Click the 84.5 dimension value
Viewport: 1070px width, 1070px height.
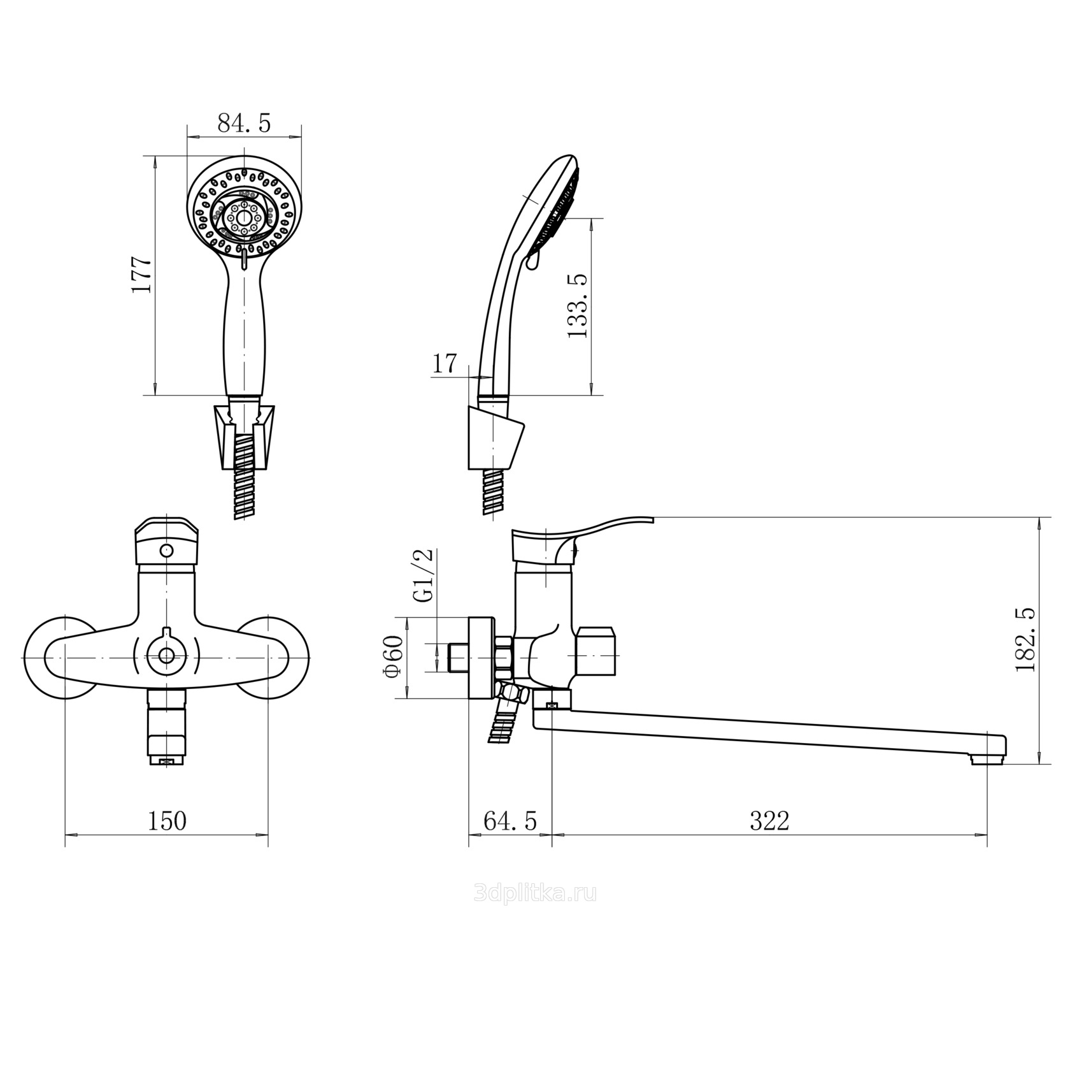point(244,123)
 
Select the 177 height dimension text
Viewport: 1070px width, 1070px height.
point(141,274)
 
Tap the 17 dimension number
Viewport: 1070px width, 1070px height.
point(445,363)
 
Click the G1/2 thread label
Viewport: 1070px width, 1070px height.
point(424,575)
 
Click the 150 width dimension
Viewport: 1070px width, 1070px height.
point(167,821)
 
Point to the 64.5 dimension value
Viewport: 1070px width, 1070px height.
point(510,821)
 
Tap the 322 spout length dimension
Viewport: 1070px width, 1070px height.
point(769,821)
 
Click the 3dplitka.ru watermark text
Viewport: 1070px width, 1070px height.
point(535,893)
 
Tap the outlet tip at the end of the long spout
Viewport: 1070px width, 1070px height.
point(987,758)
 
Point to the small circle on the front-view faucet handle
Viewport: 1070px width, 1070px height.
point(167,550)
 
